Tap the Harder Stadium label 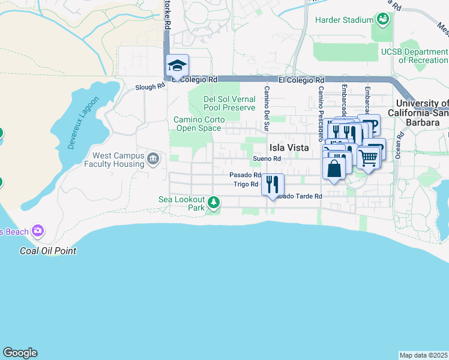[x=345, y=20]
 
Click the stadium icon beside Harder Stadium [x=382, y=20]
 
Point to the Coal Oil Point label [x=48, y=251]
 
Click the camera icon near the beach [x=38, y=230]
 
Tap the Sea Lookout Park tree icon [x=213, y=203]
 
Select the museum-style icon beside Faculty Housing [x=153, y=160]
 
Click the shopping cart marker [x=368, y=158]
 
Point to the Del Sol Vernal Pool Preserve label [x=229, y=103]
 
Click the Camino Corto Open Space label [x=199, y=123]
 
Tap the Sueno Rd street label [x=267, y=158]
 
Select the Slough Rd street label [x=151, y=86]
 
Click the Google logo [x=20, y=353]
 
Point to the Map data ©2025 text [x=423, y=355]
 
